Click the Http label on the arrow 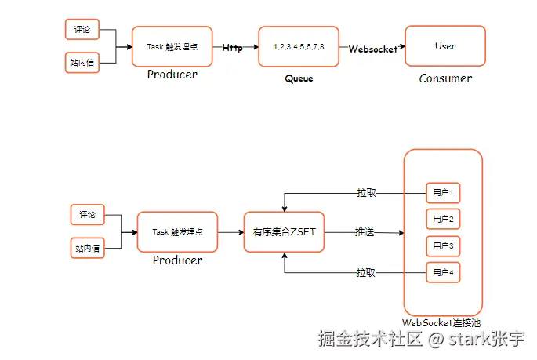coord(232,48)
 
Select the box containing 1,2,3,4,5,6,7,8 coord(299,47)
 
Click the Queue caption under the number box coord(299,78)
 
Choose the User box coord(445,46)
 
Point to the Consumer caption coord(445,78)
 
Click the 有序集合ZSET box coord(283,232)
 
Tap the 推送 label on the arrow coord(365,232)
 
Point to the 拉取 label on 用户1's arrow coord(366,192)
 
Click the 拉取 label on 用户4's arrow coord(366,273)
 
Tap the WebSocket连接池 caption coord(441,322)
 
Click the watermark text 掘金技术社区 coord(370,340)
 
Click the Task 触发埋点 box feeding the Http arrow coord(172,47)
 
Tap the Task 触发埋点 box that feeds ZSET coord(177,232)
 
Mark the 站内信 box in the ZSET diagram coord(87,248)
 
